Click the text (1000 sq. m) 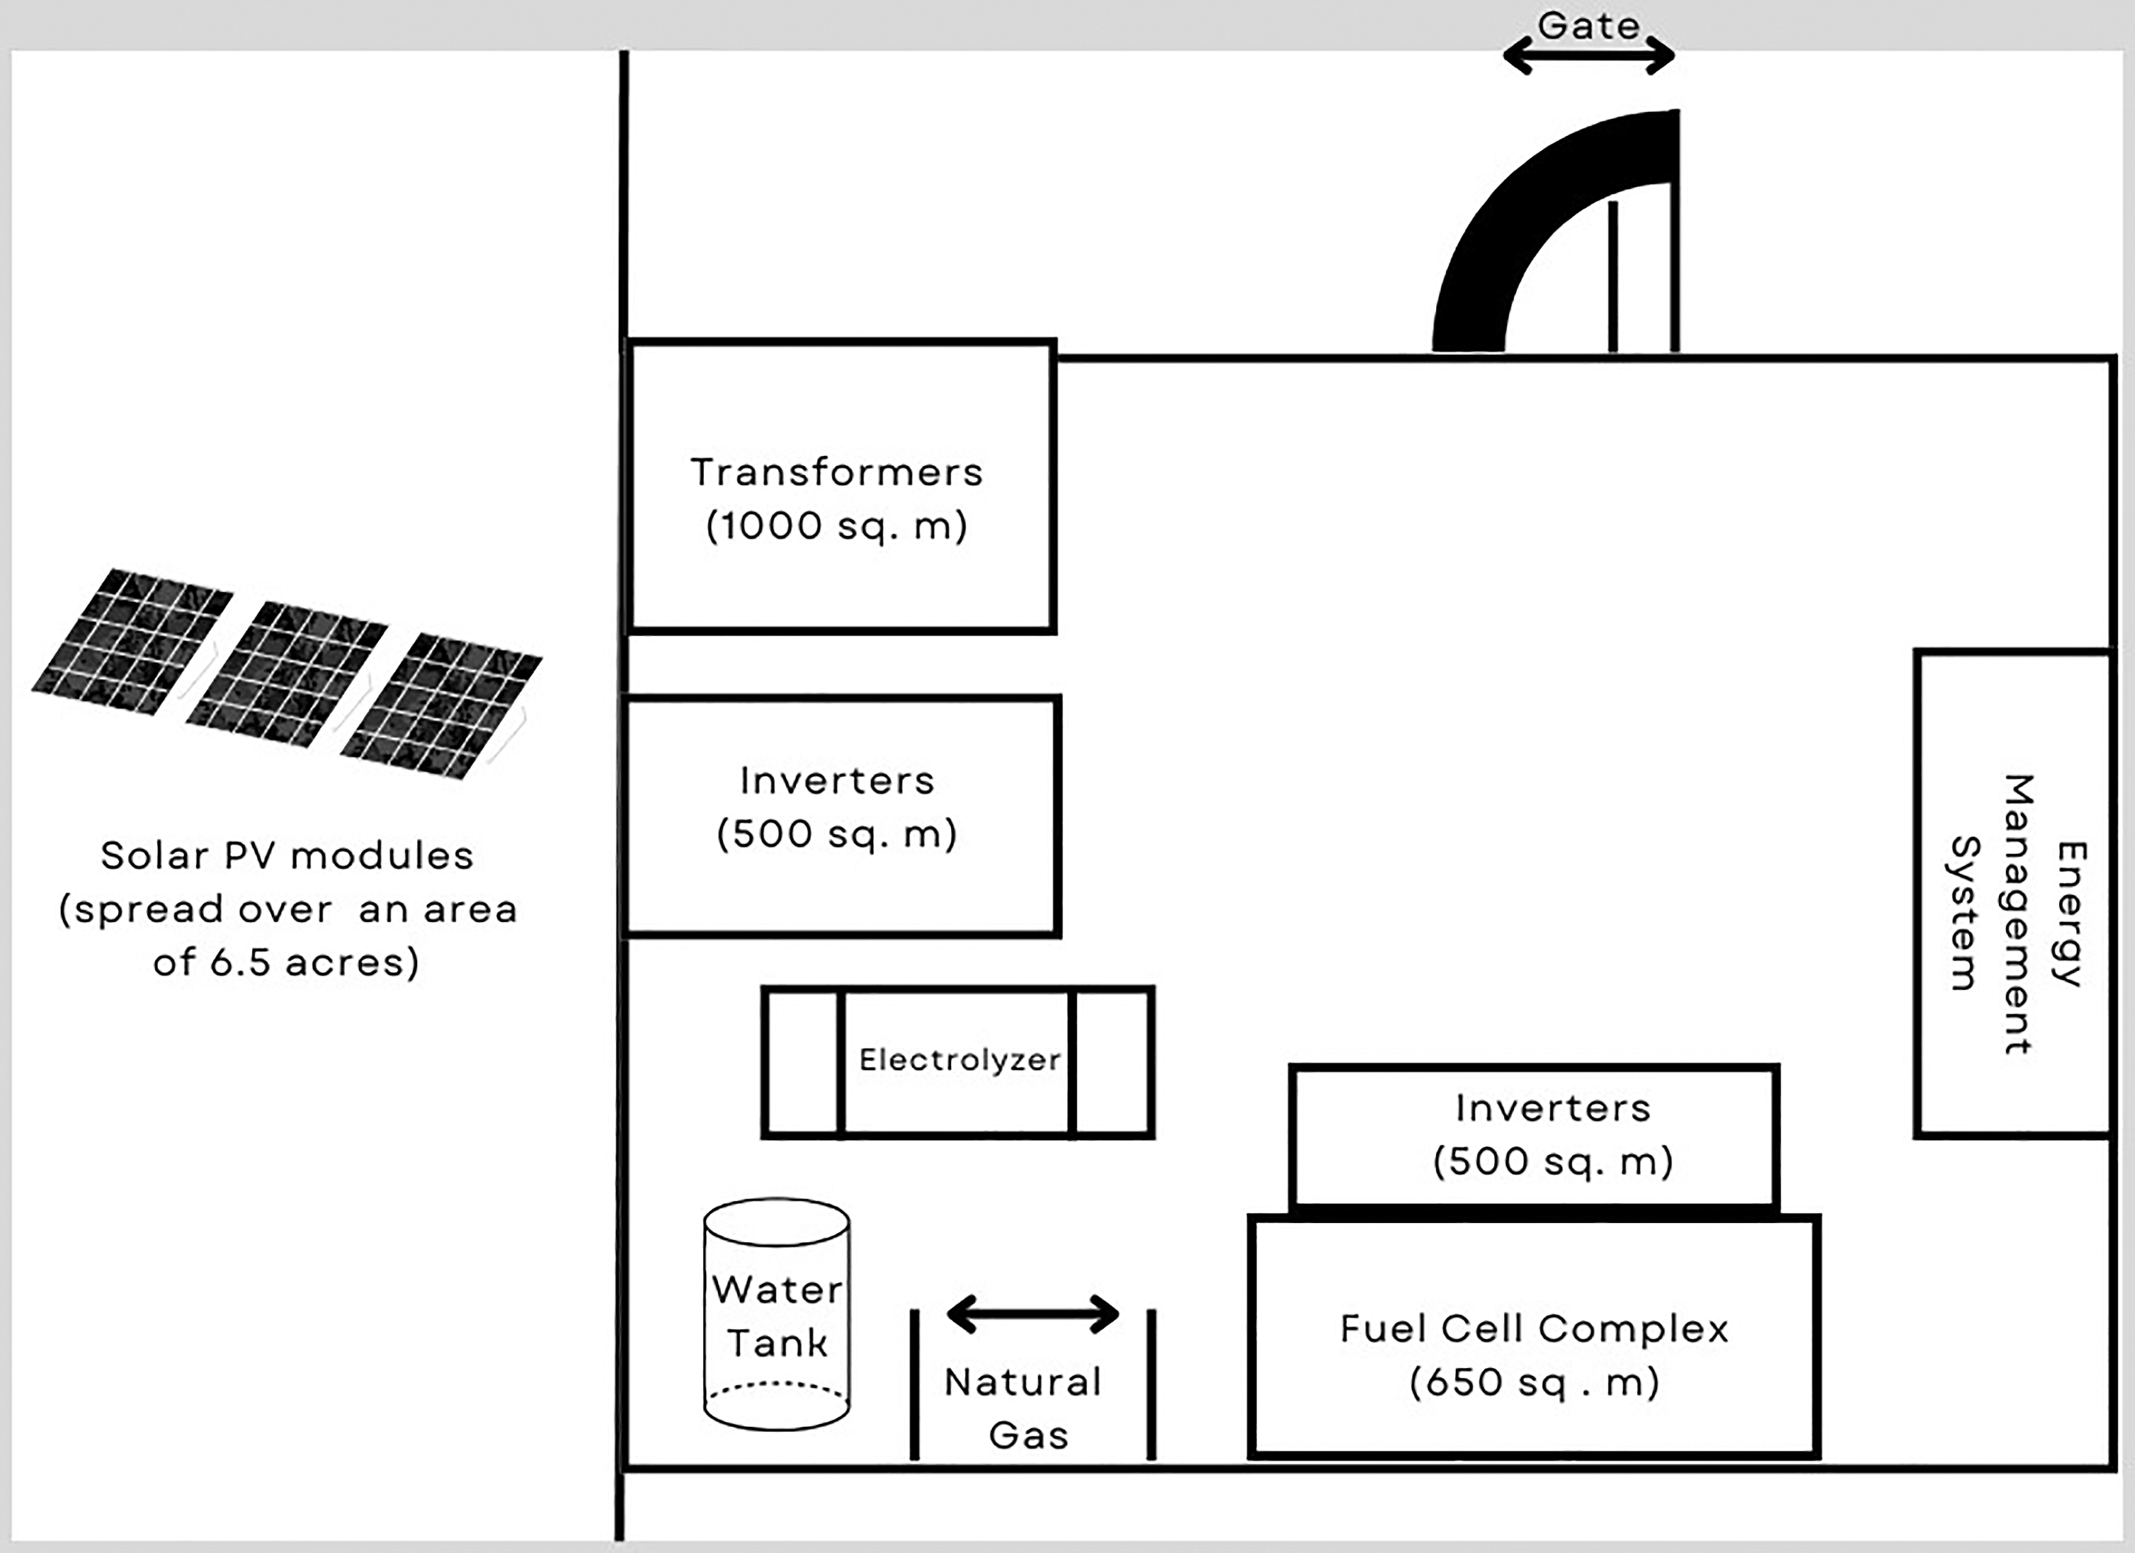coord(837,525)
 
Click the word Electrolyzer coord(959,1060)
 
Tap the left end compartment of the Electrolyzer coord(801,1063)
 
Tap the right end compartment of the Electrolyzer coord(1112,1063)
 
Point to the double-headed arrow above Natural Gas coord(1033,1314)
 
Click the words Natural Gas coord(1025,1408)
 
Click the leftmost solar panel coord(132,642)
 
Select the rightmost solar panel coord(441,706)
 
